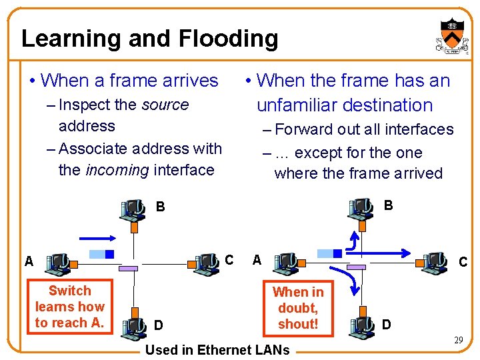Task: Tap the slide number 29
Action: click(458, 341)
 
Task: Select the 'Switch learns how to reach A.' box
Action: click(69, 307)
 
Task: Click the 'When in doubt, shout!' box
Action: click(298, 308)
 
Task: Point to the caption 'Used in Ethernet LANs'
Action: click(217, 349)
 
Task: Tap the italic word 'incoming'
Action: click(117, 169)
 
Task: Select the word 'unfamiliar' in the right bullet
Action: click(300, 105)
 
